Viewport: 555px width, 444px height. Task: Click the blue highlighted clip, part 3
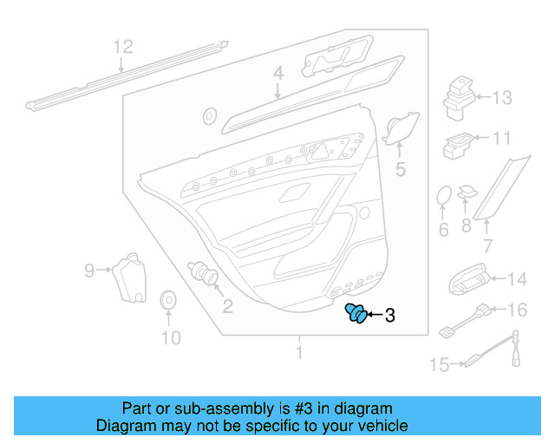click(356, 314)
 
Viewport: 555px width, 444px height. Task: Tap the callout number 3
click(389, 317)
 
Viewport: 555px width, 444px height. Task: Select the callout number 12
click(123, 46)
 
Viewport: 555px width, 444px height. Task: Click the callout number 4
click(277, 75)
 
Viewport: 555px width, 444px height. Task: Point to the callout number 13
click(502, 97)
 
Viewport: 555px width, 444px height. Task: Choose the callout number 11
click(502, 138)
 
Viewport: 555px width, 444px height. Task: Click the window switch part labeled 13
click(457, 97)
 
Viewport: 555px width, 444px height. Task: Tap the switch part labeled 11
click(457, 145)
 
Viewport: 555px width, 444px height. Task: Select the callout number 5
click(400, 170)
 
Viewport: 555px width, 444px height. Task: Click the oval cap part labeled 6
click(443, 196)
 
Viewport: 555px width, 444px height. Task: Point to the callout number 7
click(487, 246)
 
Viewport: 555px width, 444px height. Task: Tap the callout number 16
click(516, 310)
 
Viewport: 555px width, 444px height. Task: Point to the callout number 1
click(299, 353)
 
